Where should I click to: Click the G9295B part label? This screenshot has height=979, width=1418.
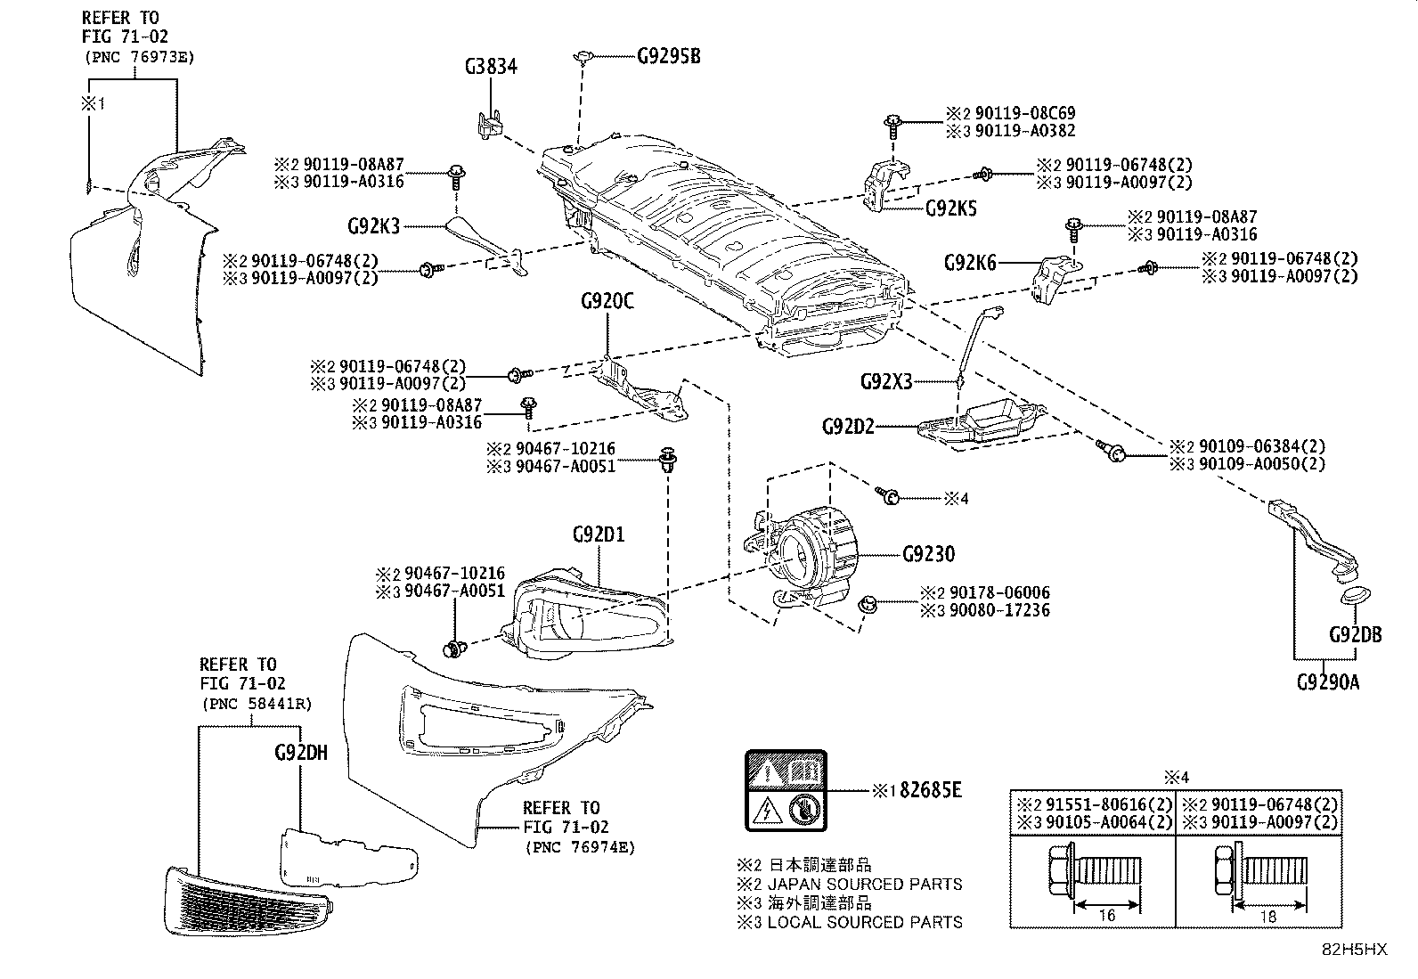click(669, 56)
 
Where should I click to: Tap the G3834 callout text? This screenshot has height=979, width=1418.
click(491, 67)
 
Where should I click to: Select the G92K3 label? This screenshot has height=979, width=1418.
click(373, 226)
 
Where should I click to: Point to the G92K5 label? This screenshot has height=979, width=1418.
click(950, 208)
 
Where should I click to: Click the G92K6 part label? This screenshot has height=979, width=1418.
click(970, 263)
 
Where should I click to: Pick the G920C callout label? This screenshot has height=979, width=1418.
click(607, 301)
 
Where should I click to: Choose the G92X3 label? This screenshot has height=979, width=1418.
click(886, 381)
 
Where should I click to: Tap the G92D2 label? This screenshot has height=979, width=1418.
click(848, 427)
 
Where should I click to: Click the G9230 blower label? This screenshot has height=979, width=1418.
click(929, 554)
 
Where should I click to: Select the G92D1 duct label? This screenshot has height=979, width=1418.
click(599, 534)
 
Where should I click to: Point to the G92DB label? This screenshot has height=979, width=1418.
click(1356, 634)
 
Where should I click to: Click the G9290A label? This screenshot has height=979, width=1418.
click(1328, 682)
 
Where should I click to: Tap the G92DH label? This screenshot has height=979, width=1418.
click(301, 753)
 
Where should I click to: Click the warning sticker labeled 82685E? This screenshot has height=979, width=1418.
click(786, 790)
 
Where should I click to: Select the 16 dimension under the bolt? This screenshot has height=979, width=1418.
click(1107, 915)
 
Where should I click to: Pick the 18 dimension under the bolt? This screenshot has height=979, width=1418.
click(1268, 917)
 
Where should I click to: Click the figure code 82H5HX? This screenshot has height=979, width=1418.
click(1354, 950)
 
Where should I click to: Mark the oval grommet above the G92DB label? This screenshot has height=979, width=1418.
click(1355, 596)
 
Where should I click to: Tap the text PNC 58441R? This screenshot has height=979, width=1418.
click(257, 704)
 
